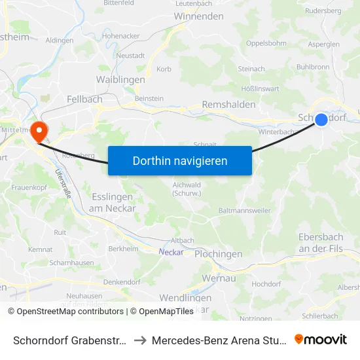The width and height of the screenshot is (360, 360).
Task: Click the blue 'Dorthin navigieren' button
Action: [180, 160]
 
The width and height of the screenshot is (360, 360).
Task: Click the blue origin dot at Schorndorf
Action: [321, 119]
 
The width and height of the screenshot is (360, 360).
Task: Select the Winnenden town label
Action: [200, 16]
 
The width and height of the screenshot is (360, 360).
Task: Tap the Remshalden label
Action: [229, 104]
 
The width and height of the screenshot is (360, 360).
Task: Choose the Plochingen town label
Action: [219, 254]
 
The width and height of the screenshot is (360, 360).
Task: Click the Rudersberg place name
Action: [323, 10]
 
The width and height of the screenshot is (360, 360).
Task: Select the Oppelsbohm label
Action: [266, 43]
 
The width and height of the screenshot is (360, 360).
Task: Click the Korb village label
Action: [164, 69]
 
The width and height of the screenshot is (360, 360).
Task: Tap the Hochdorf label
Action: [266, 284]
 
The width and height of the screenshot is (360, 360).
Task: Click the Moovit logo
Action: [320, 339]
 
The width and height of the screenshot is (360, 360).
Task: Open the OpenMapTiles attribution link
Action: [162, 312]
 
